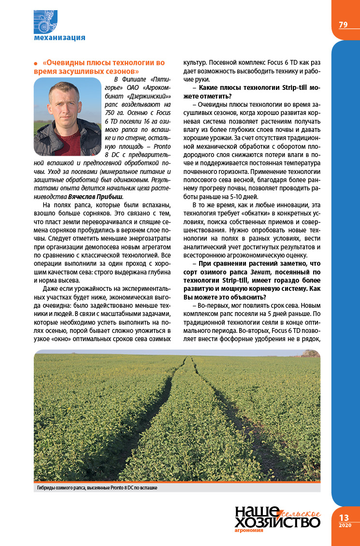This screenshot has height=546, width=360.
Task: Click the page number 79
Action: pos(343,25)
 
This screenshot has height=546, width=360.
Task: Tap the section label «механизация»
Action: pos(59,37)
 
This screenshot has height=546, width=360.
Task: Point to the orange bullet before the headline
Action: pos(36,64)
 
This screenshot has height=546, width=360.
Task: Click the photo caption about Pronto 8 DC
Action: pos(97,488)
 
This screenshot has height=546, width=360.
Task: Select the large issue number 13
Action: pos(345,517)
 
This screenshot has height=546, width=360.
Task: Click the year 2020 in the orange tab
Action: pos(345,525)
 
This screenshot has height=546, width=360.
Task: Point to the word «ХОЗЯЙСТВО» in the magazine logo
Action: pos(277,522)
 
